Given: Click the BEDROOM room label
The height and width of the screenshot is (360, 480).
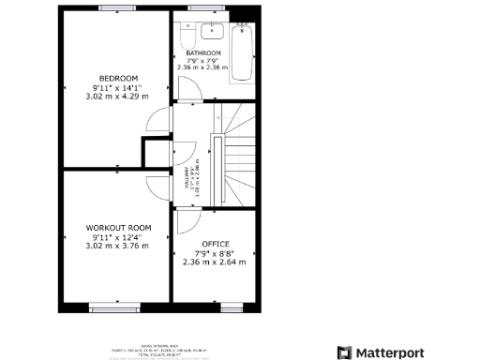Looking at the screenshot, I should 119,77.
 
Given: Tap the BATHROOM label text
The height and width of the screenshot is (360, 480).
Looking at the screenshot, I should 202,52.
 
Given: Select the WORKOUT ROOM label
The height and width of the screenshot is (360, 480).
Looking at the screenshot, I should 119,228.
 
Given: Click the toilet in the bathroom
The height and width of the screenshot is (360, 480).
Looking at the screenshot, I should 187,37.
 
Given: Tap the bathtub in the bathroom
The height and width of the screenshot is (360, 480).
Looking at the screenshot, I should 242,48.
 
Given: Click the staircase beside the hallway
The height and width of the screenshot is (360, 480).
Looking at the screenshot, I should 242,155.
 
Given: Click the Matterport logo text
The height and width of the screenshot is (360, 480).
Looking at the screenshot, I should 381,352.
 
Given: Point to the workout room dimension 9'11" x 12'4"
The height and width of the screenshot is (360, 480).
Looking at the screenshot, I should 119,237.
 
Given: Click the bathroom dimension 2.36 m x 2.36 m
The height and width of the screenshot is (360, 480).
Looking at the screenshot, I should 202,67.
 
